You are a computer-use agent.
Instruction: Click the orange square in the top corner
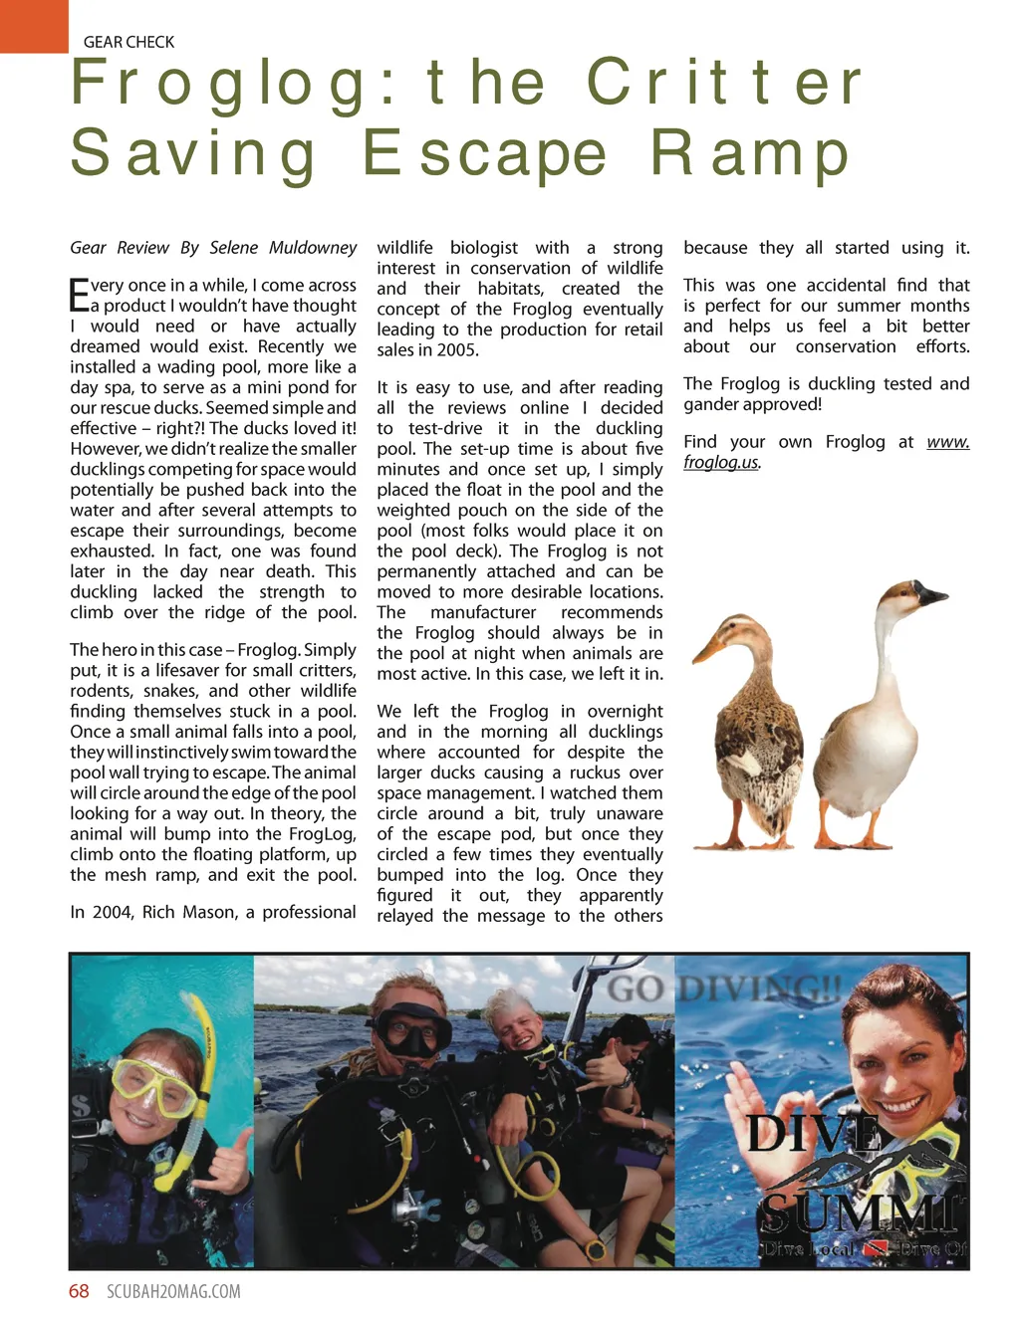[33, 25]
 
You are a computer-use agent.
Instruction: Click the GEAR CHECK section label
[128, 42]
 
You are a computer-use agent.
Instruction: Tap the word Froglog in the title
[220, 84]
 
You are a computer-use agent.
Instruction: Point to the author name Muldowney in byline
[310, 248]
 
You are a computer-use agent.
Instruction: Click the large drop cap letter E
[79, 296]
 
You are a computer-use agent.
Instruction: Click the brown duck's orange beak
[708, 649]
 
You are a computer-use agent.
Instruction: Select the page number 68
[79, 1292]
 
